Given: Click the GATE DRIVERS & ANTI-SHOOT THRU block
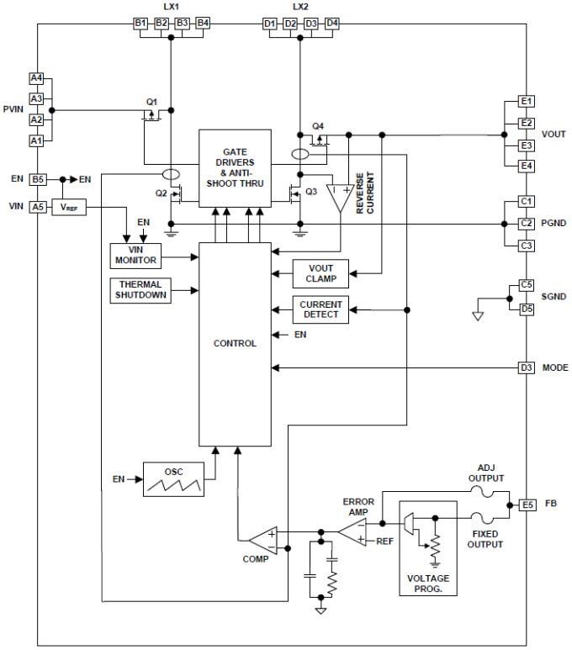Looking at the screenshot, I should point(235,167).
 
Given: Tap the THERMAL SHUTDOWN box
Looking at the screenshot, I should point(140,290).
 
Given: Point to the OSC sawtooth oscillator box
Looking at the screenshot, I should point(173,479).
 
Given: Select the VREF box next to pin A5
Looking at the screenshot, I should point(69,207).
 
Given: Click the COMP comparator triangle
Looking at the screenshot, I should point(262,539).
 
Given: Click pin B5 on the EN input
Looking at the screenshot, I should point(37,179).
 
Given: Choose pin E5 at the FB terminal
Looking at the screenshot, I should point(527,505).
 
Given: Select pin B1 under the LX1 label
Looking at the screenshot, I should point(140,23).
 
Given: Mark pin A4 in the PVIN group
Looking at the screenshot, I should point(36,78).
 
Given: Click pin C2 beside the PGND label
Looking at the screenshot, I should point(527,224).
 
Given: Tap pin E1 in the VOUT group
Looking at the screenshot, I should point(527,102).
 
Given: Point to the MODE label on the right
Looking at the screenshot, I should point(555,368).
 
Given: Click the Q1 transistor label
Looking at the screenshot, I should point(151,102).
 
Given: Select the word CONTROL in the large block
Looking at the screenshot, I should point(235,343).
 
